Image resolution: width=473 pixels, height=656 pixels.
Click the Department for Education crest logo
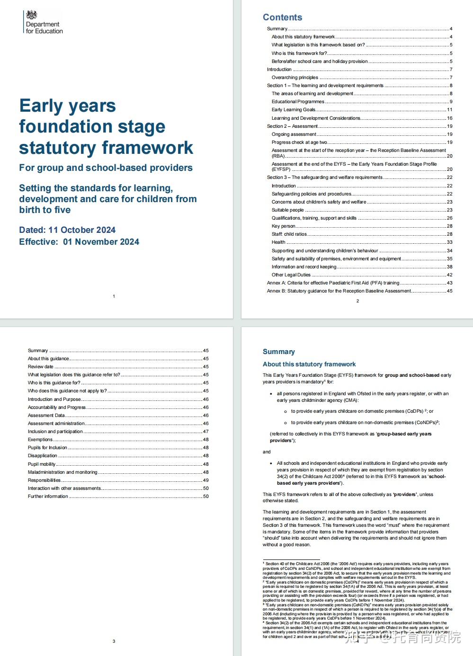coord(32,15)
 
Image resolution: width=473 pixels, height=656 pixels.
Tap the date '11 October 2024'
coord(82,230)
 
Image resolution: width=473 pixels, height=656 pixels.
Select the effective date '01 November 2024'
coord(101,242)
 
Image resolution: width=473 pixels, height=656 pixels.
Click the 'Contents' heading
coord(282,18)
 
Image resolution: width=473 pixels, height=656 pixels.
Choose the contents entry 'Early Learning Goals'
coord(294,110)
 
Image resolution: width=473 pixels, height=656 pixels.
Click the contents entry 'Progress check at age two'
coord(299,142)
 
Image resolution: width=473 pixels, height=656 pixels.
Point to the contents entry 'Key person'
coord(283,226)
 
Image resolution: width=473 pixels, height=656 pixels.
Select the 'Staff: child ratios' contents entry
coord(289,234)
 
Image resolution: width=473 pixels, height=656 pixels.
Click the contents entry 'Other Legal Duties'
coord(291,275)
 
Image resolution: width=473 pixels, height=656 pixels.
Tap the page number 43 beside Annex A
coord(449,283)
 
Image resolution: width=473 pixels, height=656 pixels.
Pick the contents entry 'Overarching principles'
coord(295,78)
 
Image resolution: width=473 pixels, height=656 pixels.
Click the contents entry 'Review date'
coord(41,367)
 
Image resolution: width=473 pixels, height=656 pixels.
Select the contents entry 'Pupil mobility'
coord(42,464)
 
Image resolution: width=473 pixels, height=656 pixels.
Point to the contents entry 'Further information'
coord(48,496)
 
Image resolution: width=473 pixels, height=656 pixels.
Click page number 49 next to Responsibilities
coord(206,480)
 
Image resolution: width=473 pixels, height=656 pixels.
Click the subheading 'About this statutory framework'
coord(309,364)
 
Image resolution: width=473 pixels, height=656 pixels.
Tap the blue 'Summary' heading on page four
coord(279,352)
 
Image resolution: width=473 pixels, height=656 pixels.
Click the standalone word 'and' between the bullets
coord(267,452)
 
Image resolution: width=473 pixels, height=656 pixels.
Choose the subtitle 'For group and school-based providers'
coord(106,168)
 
